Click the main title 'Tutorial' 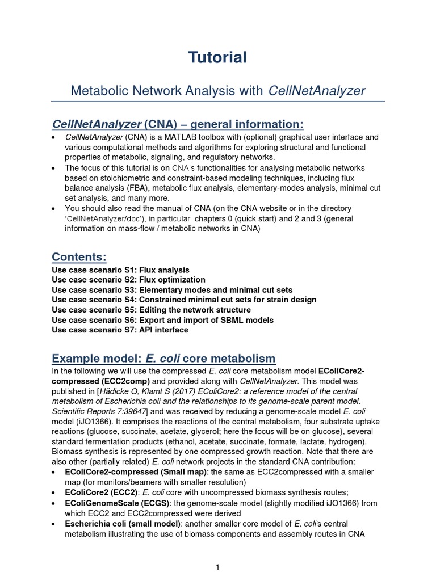tap(218, 57)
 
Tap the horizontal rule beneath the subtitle tap(218, 102)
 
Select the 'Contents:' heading tap(79, 256)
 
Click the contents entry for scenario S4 tap(184, 300)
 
